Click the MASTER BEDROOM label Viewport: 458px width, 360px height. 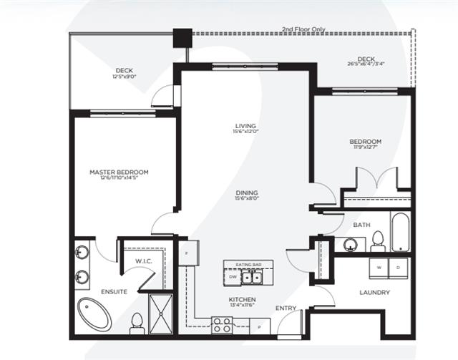119,172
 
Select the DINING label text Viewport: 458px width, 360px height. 245,193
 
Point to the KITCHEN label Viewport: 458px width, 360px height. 242,299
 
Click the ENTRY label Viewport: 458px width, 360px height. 285,308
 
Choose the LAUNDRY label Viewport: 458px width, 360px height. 375,292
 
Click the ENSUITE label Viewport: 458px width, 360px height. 94,291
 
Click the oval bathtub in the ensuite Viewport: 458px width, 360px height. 94,313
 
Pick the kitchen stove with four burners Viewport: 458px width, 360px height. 222,326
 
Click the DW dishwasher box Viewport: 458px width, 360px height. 233,277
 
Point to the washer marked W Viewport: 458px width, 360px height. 379,268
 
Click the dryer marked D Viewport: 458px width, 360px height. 398,268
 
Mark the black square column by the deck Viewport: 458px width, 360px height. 183,37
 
